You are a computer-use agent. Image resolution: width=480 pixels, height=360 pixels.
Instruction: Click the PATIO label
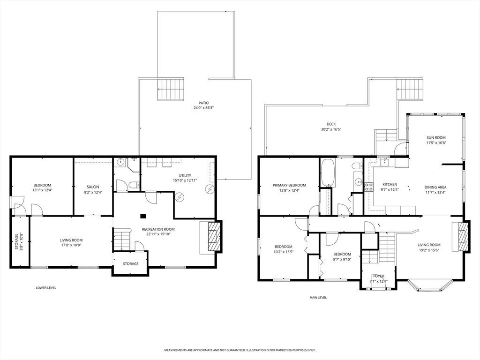(x=203, y=103)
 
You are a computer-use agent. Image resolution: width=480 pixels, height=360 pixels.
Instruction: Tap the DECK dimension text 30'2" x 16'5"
(x=331, y=129)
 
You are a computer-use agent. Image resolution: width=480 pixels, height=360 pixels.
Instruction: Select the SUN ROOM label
(x=436, y=137)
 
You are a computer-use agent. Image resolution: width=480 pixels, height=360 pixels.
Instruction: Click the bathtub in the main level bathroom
(x=328, y=172)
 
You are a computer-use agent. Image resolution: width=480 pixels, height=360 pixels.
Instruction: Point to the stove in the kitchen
(x=368, y=187)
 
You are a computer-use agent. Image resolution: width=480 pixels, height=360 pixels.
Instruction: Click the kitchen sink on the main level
(x=383, y=162)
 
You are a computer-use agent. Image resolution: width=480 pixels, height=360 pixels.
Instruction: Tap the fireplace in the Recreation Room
(x=214, y=236)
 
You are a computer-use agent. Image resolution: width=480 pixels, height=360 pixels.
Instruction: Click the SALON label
(x=93, y=187)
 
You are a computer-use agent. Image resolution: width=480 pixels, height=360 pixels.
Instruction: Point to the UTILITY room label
(x=185, y=175)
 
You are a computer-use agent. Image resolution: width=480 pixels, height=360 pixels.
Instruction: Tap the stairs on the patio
(x=171, y=89)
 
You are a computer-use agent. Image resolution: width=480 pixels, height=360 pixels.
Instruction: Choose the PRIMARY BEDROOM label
(x=289, y=185)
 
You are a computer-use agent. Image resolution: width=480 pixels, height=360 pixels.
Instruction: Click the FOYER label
(x=379, y=276)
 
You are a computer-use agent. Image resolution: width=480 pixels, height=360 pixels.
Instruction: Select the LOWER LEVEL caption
(x=46, y=288)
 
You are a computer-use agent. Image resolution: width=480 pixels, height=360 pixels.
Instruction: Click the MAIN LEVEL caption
(x=318, y=297)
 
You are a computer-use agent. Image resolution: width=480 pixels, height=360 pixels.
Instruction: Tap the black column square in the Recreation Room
(x=143, y=216)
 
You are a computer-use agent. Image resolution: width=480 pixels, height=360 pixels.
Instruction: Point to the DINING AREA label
(x=435, y=187)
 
